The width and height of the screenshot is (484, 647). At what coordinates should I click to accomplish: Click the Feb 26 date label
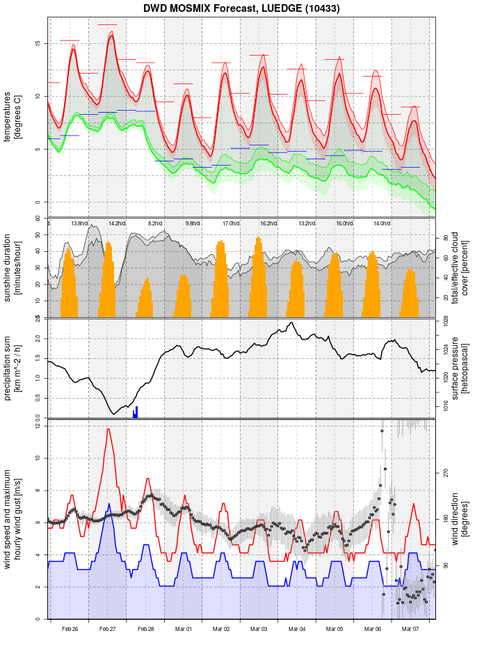70,629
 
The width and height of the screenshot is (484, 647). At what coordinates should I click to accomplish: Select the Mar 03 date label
259,629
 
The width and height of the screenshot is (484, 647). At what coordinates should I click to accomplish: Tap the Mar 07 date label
410,629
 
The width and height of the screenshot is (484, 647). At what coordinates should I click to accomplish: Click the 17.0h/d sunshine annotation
231,223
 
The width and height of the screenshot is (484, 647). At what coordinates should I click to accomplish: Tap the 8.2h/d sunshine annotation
155,223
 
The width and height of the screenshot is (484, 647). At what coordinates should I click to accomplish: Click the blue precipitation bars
136,413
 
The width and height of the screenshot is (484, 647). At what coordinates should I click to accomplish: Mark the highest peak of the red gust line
108,429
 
